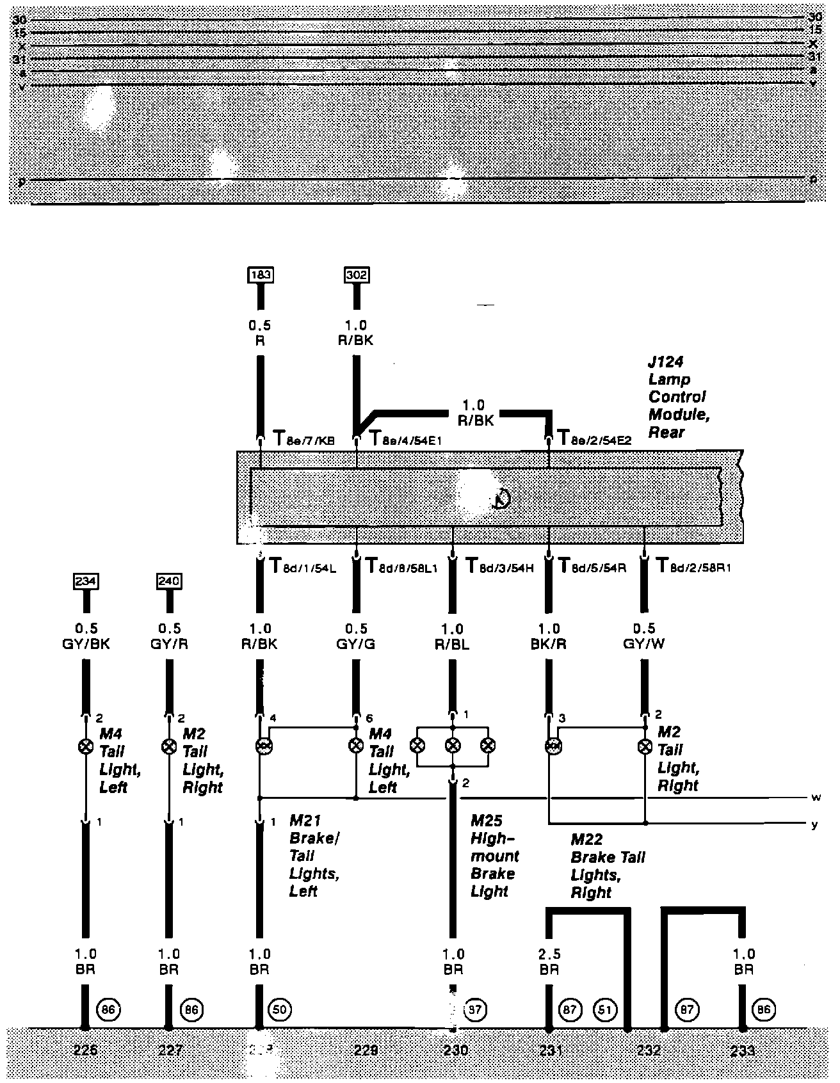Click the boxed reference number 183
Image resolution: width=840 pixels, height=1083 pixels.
click(261, 275)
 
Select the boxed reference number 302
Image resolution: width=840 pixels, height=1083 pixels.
click(356, 275)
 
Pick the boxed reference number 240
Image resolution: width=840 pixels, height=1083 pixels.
click(169, 581)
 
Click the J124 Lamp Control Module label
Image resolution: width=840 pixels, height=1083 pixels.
click(677, 397)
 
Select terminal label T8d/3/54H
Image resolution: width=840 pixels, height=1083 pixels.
click(499, 566)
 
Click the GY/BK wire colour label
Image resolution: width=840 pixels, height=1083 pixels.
click(85, 643)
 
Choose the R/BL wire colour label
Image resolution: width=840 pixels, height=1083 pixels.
click(453, 643)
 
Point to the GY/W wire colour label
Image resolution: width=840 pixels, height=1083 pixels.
click(643, 643)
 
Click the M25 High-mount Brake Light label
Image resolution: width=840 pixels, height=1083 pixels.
click(494, 855)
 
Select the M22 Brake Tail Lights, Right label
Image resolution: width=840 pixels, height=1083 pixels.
click(607, 865)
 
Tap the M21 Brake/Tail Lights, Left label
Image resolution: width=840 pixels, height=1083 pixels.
click(313, 855)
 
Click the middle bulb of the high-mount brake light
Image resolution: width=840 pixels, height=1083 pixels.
click(453, 745)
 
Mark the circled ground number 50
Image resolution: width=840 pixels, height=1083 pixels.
click(280, 1010)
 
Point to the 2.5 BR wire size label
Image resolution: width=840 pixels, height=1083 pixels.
click(549, 961)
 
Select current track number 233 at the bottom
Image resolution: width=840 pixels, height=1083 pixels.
click(743, 1050)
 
